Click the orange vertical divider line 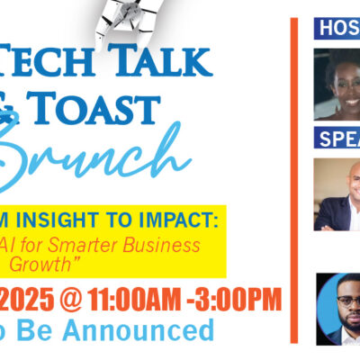[293, 180]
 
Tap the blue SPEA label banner [337, 138]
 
